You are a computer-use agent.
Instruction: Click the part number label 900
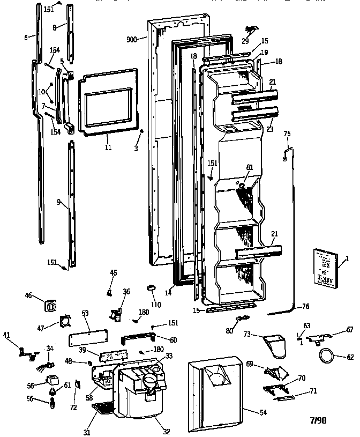[131, 39]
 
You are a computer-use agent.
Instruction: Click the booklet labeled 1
[325, 268]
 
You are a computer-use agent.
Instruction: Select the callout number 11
[108, 146]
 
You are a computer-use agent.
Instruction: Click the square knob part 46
[50, 305]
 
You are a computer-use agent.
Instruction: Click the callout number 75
[287, 134]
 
